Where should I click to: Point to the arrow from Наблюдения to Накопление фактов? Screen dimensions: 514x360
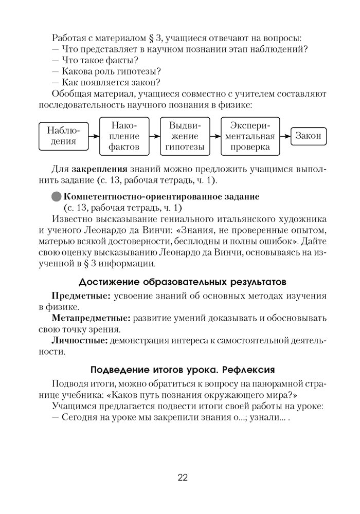click(93, 136)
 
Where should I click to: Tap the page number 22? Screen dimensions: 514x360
click(183, 478)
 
